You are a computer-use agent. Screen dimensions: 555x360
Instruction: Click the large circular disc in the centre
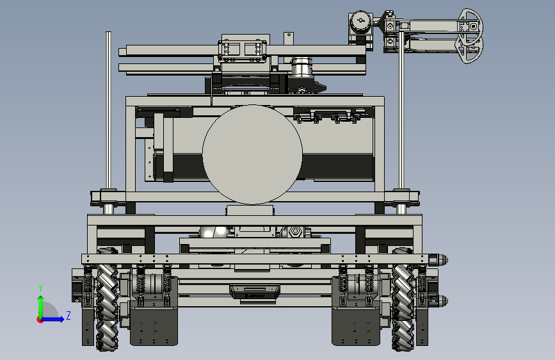[x=252, y=154]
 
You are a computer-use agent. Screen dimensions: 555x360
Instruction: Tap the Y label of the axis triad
[x=40, y=288]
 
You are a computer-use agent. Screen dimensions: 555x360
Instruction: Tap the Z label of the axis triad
[x=68, y=315]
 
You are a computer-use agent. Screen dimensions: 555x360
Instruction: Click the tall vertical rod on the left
[x=108, y=110]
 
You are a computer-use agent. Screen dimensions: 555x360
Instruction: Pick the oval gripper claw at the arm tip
[x=470, y=36]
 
